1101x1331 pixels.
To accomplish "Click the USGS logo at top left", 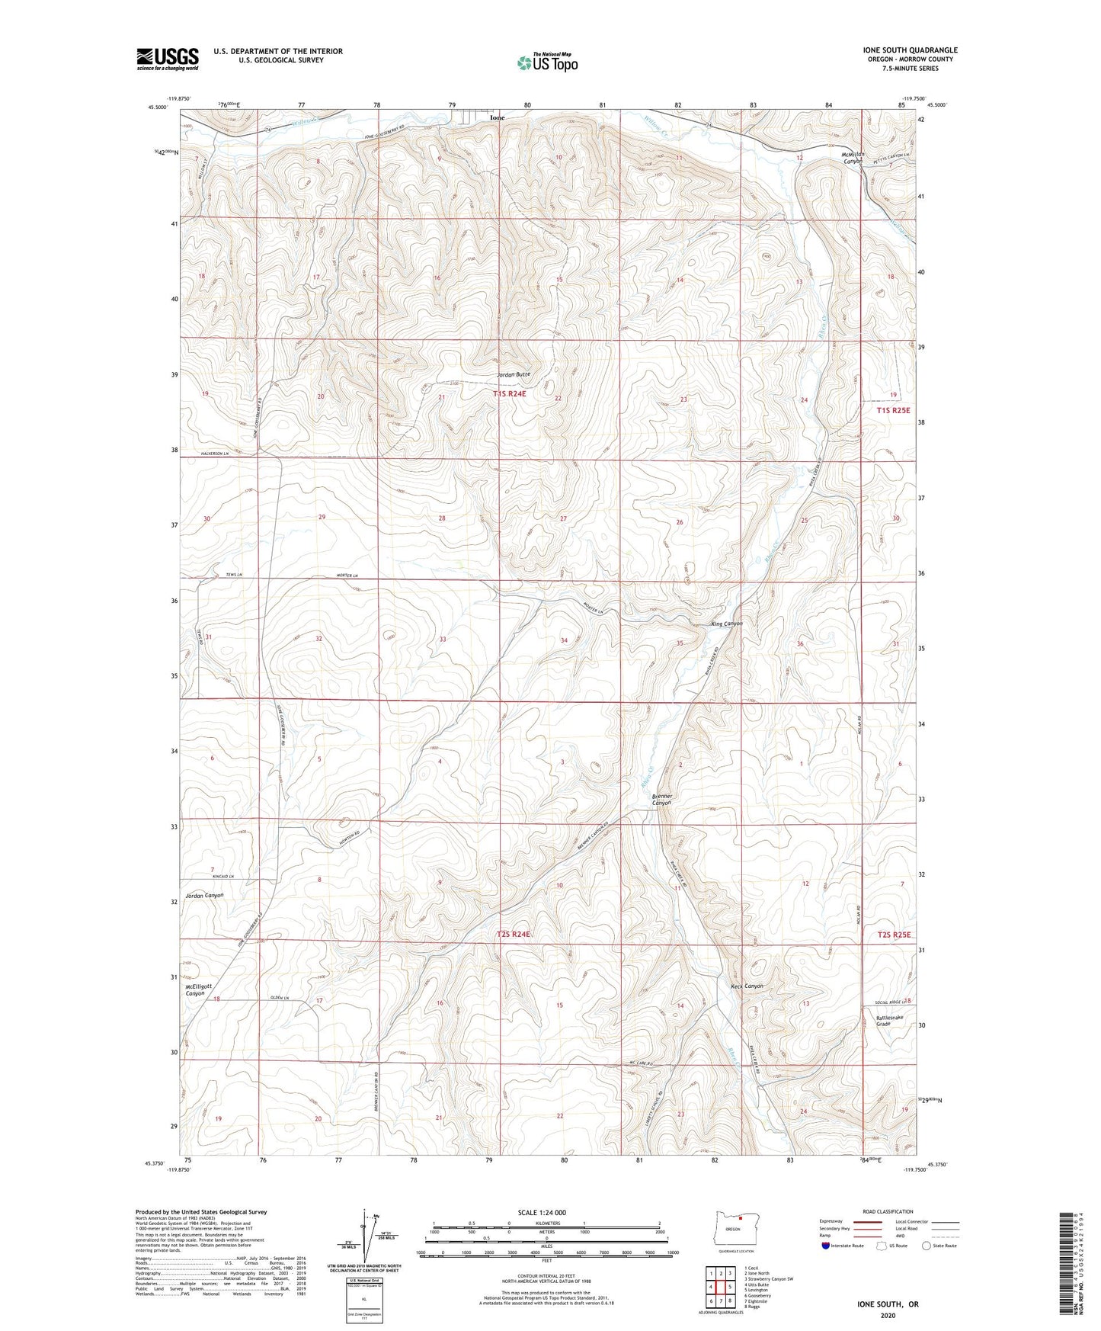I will [167, 59].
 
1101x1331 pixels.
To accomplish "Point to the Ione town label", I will [497, 118].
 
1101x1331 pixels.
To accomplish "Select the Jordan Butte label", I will [513, 374].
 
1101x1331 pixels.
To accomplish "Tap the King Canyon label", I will [726, 624].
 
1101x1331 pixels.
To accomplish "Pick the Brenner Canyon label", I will [661, 799].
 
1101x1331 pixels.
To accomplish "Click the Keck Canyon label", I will [746, 986].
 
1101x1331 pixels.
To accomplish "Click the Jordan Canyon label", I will [204, 895].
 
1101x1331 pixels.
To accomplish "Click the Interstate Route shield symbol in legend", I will [826, 1246].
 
